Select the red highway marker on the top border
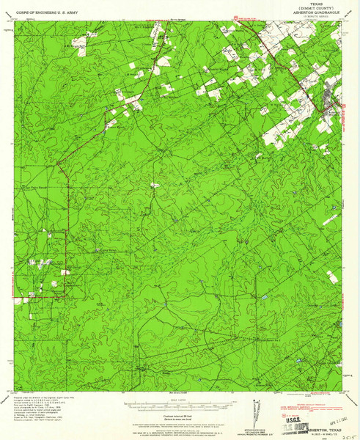[235, 18]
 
